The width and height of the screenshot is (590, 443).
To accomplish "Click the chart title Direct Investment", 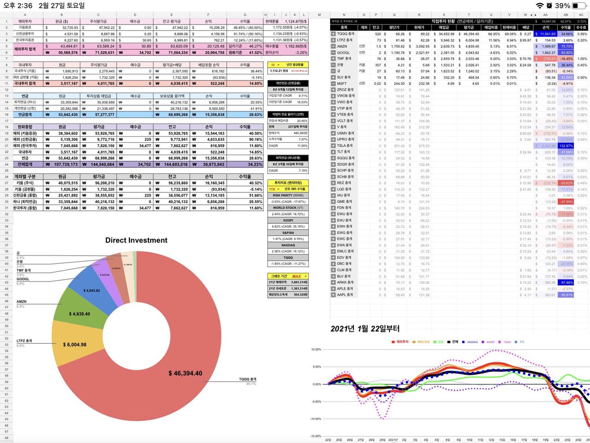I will pyautogui.click(x=136, y=240).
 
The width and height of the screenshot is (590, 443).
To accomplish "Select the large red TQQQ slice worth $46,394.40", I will pyautogui.click(x=184, y=373).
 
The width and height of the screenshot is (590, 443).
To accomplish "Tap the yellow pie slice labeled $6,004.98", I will pyautogui.click(x=74, y=344).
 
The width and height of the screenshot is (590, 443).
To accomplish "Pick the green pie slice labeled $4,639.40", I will pyautogui.click(x=79, y=314).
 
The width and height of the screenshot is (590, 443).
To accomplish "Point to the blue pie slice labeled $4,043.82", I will pyautogui.click(x=91, y=290).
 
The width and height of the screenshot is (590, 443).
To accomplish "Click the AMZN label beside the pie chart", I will pyautogui.click(x=21, y=301).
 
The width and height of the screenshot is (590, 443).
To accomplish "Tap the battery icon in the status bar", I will pyautogui.click(x=579, y=6).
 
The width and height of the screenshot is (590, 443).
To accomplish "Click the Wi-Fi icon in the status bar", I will pyautogui.click(x=540, y=6).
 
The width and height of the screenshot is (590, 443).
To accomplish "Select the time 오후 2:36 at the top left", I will pyautogui.click(x=18, y=6).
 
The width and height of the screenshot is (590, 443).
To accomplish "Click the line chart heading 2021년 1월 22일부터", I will pyautogui.click(x=365, y=329).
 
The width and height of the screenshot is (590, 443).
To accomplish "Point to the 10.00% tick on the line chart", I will pyautogui.click(x=316, y=349).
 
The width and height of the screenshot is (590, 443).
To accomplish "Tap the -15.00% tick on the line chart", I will pyautogui.click(x=316, y=436).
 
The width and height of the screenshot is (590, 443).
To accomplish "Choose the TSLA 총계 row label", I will pyautogui.click(x=345, y=145).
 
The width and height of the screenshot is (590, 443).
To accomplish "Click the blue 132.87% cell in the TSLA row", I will pyautogui.click(x=566, y=146).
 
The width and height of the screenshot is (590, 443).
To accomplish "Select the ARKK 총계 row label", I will pyautogui.click(x=345, y=282).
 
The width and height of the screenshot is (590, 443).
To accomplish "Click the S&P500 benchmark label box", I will pyautogui.click(x=288, y=233).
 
